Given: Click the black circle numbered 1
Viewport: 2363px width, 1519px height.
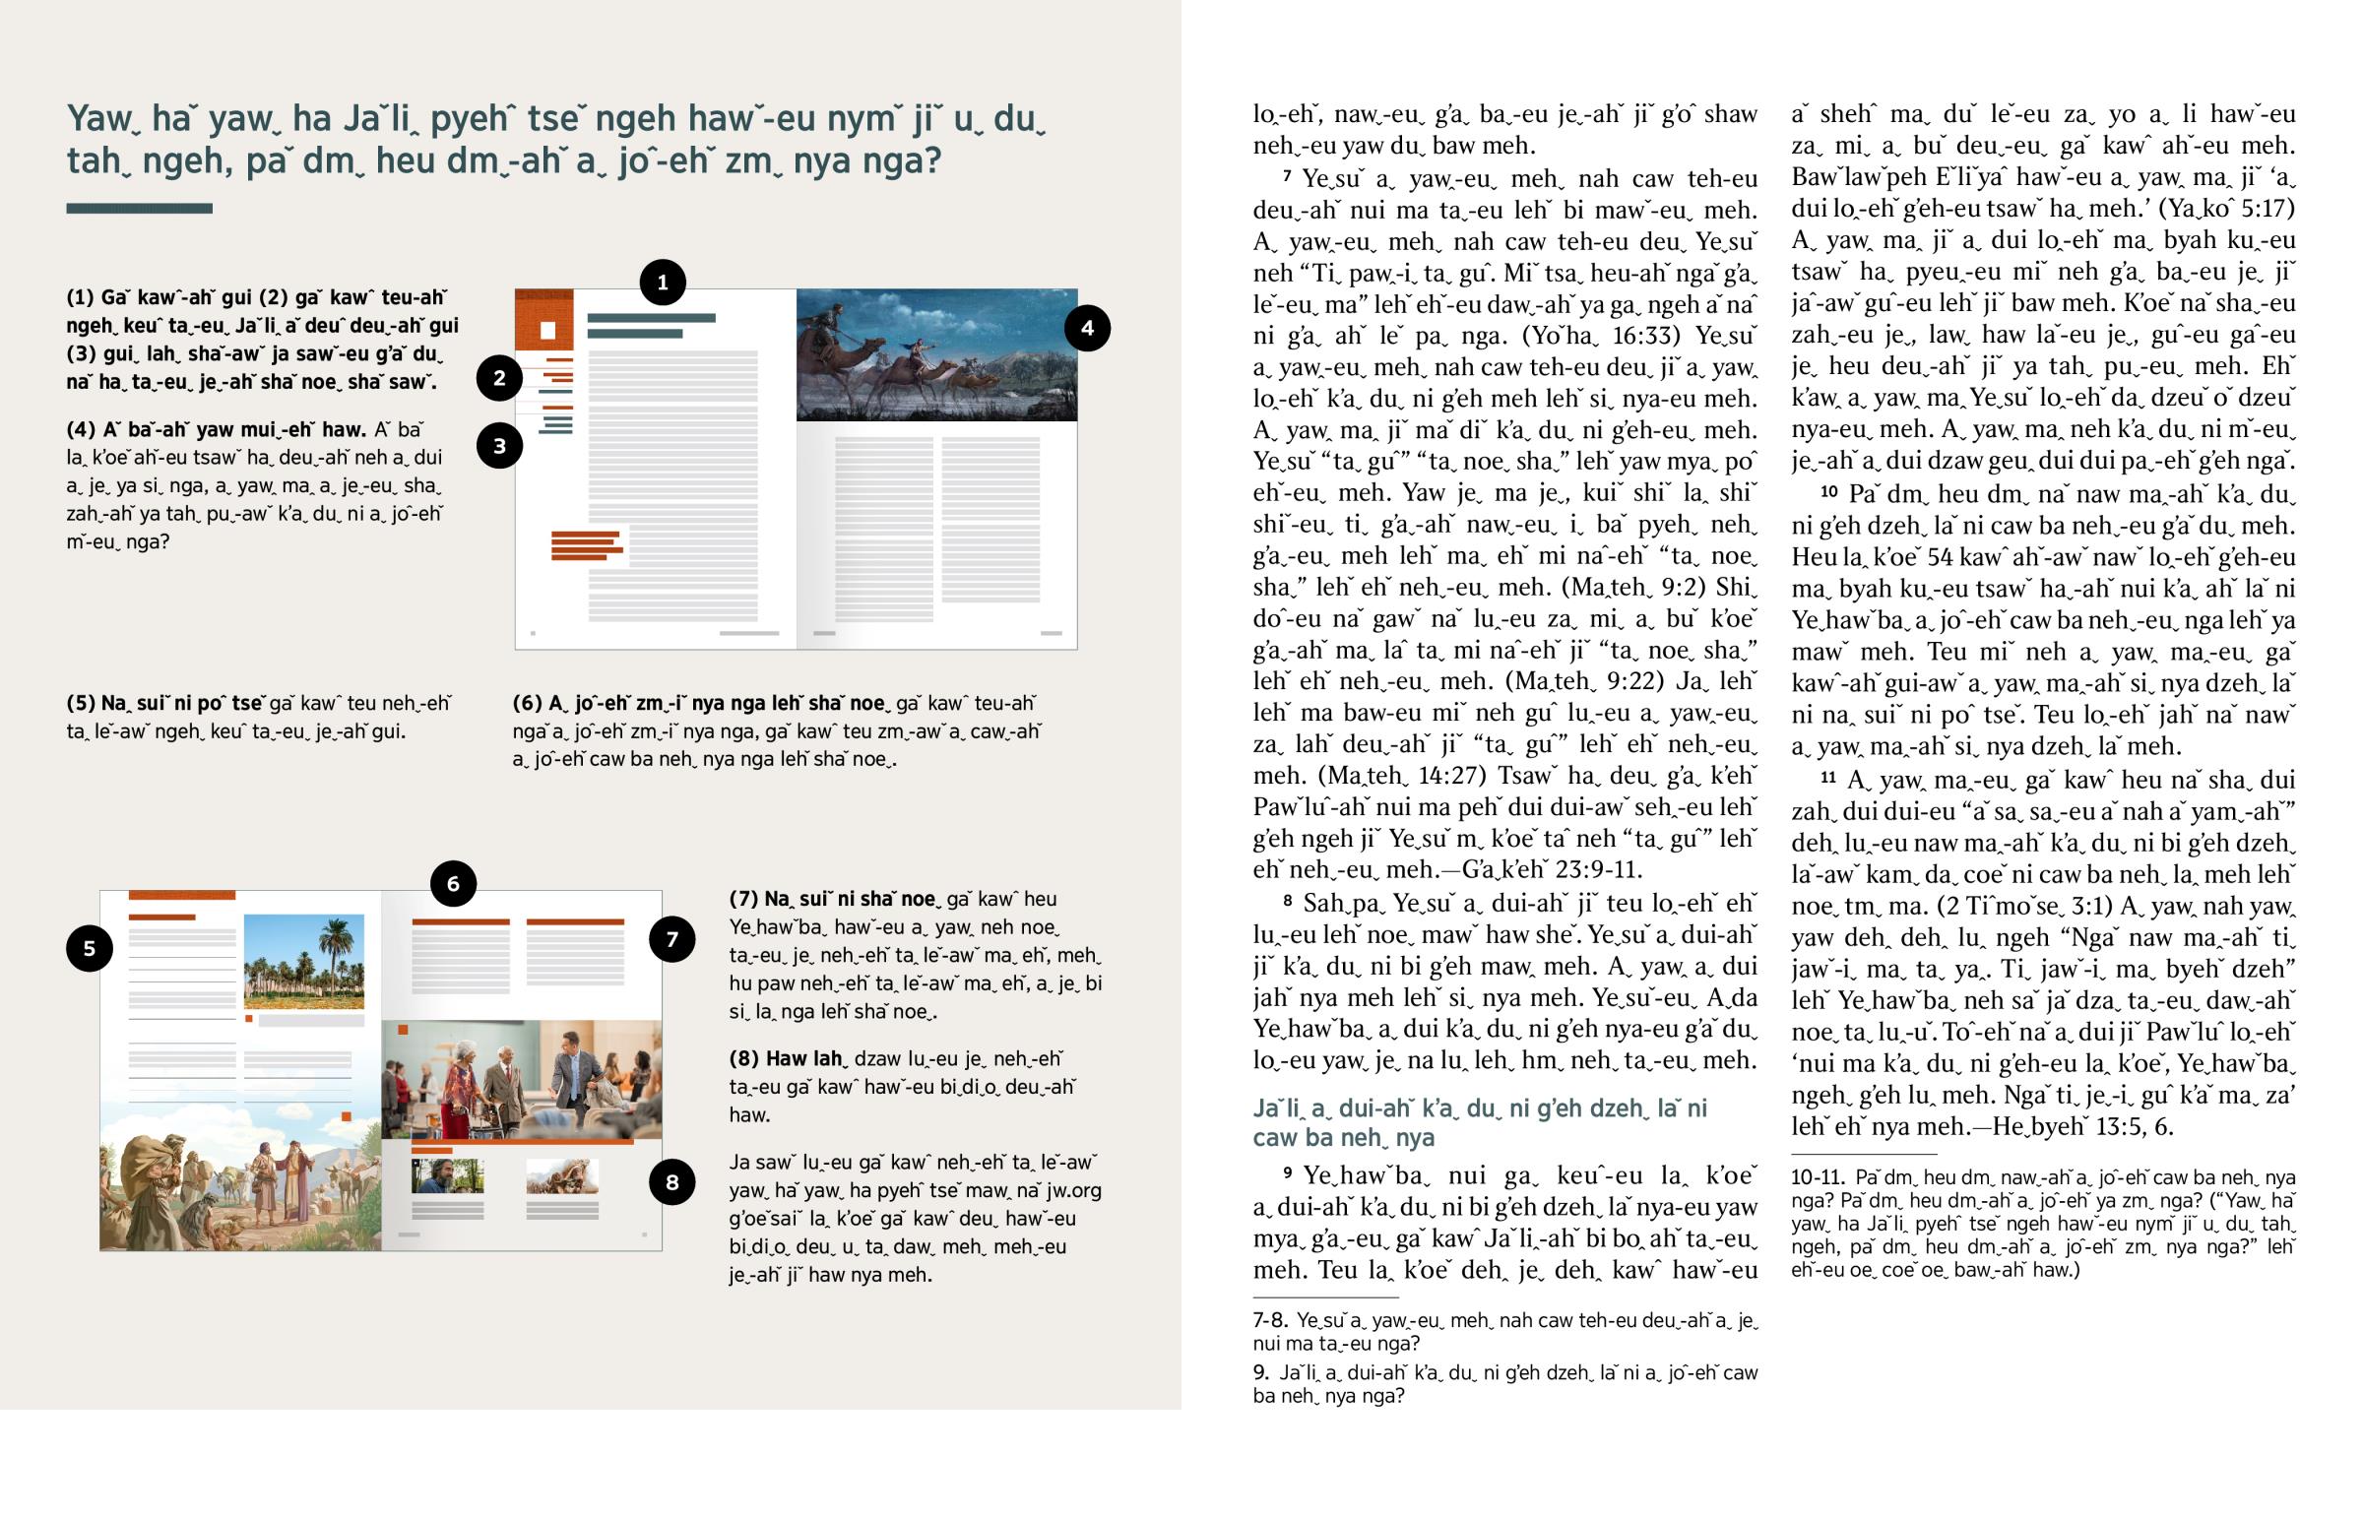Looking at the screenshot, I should pos(662,284).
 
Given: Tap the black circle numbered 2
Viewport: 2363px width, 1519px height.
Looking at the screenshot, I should pos(499,378).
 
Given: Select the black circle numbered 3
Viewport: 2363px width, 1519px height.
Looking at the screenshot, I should pos(499,446).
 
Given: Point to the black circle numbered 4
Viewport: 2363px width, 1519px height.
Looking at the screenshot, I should pos(1087,329).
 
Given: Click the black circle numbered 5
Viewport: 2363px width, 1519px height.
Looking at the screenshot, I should pos(89,949).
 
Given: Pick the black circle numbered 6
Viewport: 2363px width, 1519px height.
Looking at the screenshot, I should pos(453,884).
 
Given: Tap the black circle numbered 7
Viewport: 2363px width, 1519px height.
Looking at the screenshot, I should pos(671,939).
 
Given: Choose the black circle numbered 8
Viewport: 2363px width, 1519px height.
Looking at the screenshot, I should pos(671,1182).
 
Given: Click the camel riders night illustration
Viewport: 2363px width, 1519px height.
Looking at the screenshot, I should pos(936,355).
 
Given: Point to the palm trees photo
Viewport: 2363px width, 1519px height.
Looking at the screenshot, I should pos(304,962).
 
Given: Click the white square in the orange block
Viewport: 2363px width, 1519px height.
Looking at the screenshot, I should pos(547,331).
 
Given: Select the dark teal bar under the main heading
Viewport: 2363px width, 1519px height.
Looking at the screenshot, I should pos(139,208).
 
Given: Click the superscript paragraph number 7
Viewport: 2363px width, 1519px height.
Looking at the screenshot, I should pos(1287,176).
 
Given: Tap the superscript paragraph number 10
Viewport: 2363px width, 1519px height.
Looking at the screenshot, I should pos(1828,491).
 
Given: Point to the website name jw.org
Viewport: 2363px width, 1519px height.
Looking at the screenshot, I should pos(1071,1190).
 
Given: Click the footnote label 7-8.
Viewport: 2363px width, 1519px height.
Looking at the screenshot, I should pos(1269,1321).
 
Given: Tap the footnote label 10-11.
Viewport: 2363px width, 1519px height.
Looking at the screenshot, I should pos(1818,1177).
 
